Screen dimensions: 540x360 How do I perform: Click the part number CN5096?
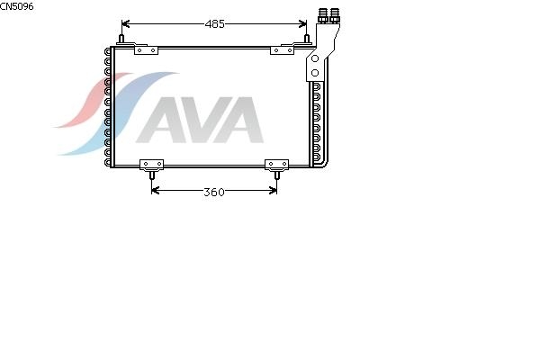[x=16, y=6]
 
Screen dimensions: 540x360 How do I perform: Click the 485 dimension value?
[x=214, y=24]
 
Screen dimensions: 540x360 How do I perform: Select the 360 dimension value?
[x=214, y=192]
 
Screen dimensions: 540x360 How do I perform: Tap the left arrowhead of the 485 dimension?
[x=125, y=23]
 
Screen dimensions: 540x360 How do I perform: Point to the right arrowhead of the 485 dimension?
[x=302, y=23]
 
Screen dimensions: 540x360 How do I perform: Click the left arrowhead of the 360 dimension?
[x=156, y=190]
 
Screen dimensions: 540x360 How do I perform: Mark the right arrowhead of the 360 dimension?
[x=273, y=190]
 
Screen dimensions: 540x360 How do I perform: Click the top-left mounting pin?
[x=121, y=39]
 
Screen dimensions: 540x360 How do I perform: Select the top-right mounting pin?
[x=307, y=39]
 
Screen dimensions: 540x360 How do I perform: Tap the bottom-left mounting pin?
[x=151, y=175]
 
